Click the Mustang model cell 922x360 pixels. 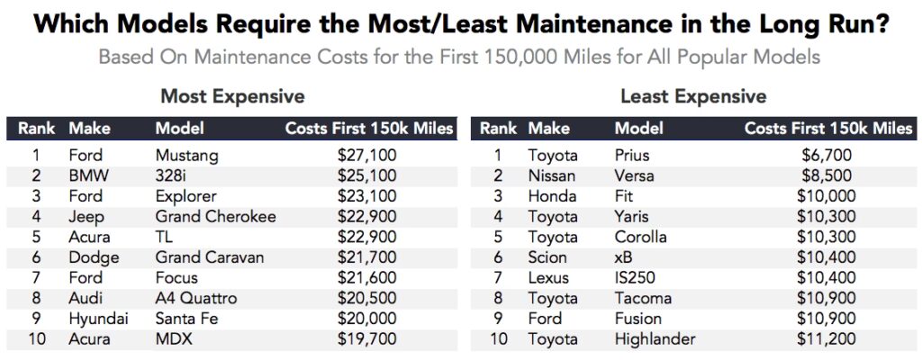pyautogui.click(x=186, y=156)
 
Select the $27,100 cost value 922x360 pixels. pyautogui.click(x=365, y=156)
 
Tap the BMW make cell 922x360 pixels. pyautogui.click(x=86, y=175)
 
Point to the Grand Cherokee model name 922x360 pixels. pyautogui.click(x=215, y=217)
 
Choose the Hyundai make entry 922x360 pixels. pyautogui.click(x=98, y=319)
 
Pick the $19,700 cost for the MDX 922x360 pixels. pyautogui.click(x=365, y=339)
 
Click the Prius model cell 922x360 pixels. pyautogui.click(x=634, y=156)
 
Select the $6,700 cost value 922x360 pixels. pyautogui.click(x=827, y=156)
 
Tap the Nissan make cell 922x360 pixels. pyautogui.click(x=553, y=175)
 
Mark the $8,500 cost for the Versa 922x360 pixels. pyautogui.click(x=827, y=175)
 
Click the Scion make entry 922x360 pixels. pyautogui.click(x=548, y=257)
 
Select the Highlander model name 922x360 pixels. pyautogui.click(x=655, y=339)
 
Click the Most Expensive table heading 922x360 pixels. pyautogui.click(x=232, y=96)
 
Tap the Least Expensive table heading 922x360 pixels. pyautogui.click(x=693, y=96)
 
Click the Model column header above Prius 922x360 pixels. pyautogui.click(x=639, y=129)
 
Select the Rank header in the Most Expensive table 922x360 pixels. pyautogui.click(x=37, y=129)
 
